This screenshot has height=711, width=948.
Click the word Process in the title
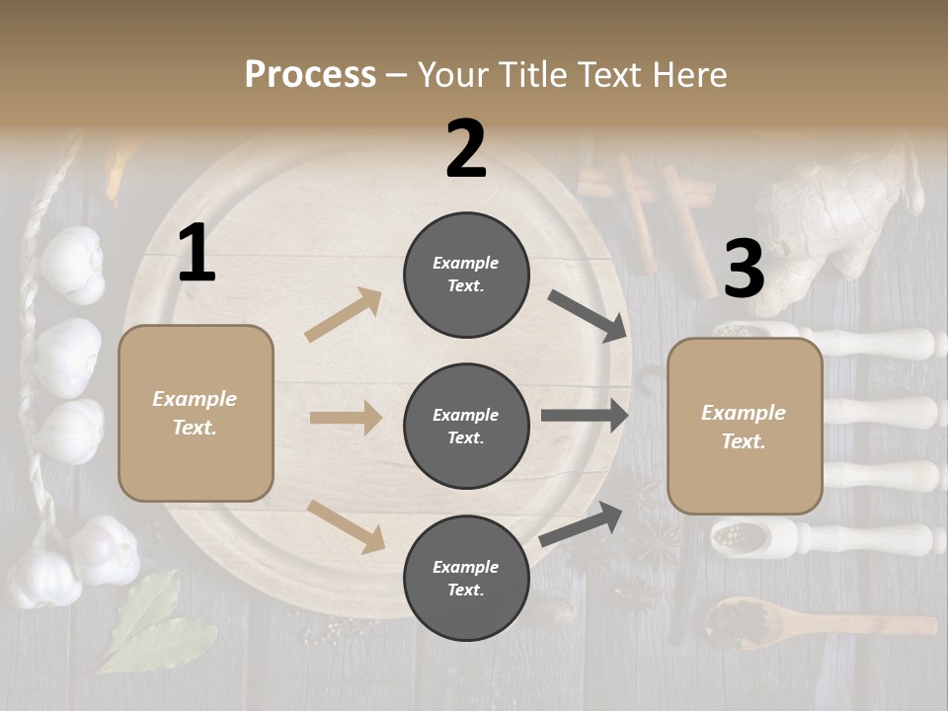click(310, 75)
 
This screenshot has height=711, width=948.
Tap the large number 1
click(197, 254)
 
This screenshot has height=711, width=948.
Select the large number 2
click(466, 149)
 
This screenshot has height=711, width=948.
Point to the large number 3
click(744, 269)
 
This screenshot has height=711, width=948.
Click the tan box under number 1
click(196, 413)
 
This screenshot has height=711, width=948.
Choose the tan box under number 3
click(745, 427)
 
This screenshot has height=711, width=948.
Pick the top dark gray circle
click(466, 275)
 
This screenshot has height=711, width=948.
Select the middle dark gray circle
click(466, 427)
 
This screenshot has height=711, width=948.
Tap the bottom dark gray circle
click(466, 579)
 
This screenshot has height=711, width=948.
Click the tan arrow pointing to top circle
click(344, 315)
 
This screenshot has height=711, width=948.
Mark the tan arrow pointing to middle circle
click(346, 418)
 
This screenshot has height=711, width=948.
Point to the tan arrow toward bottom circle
click(346, 525)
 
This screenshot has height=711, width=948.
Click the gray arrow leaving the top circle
click(589, 315)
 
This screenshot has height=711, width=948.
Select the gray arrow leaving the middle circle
click(585, 416)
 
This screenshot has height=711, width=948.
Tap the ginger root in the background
click(839, 212)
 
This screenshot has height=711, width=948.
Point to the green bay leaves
click(148, 622)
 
